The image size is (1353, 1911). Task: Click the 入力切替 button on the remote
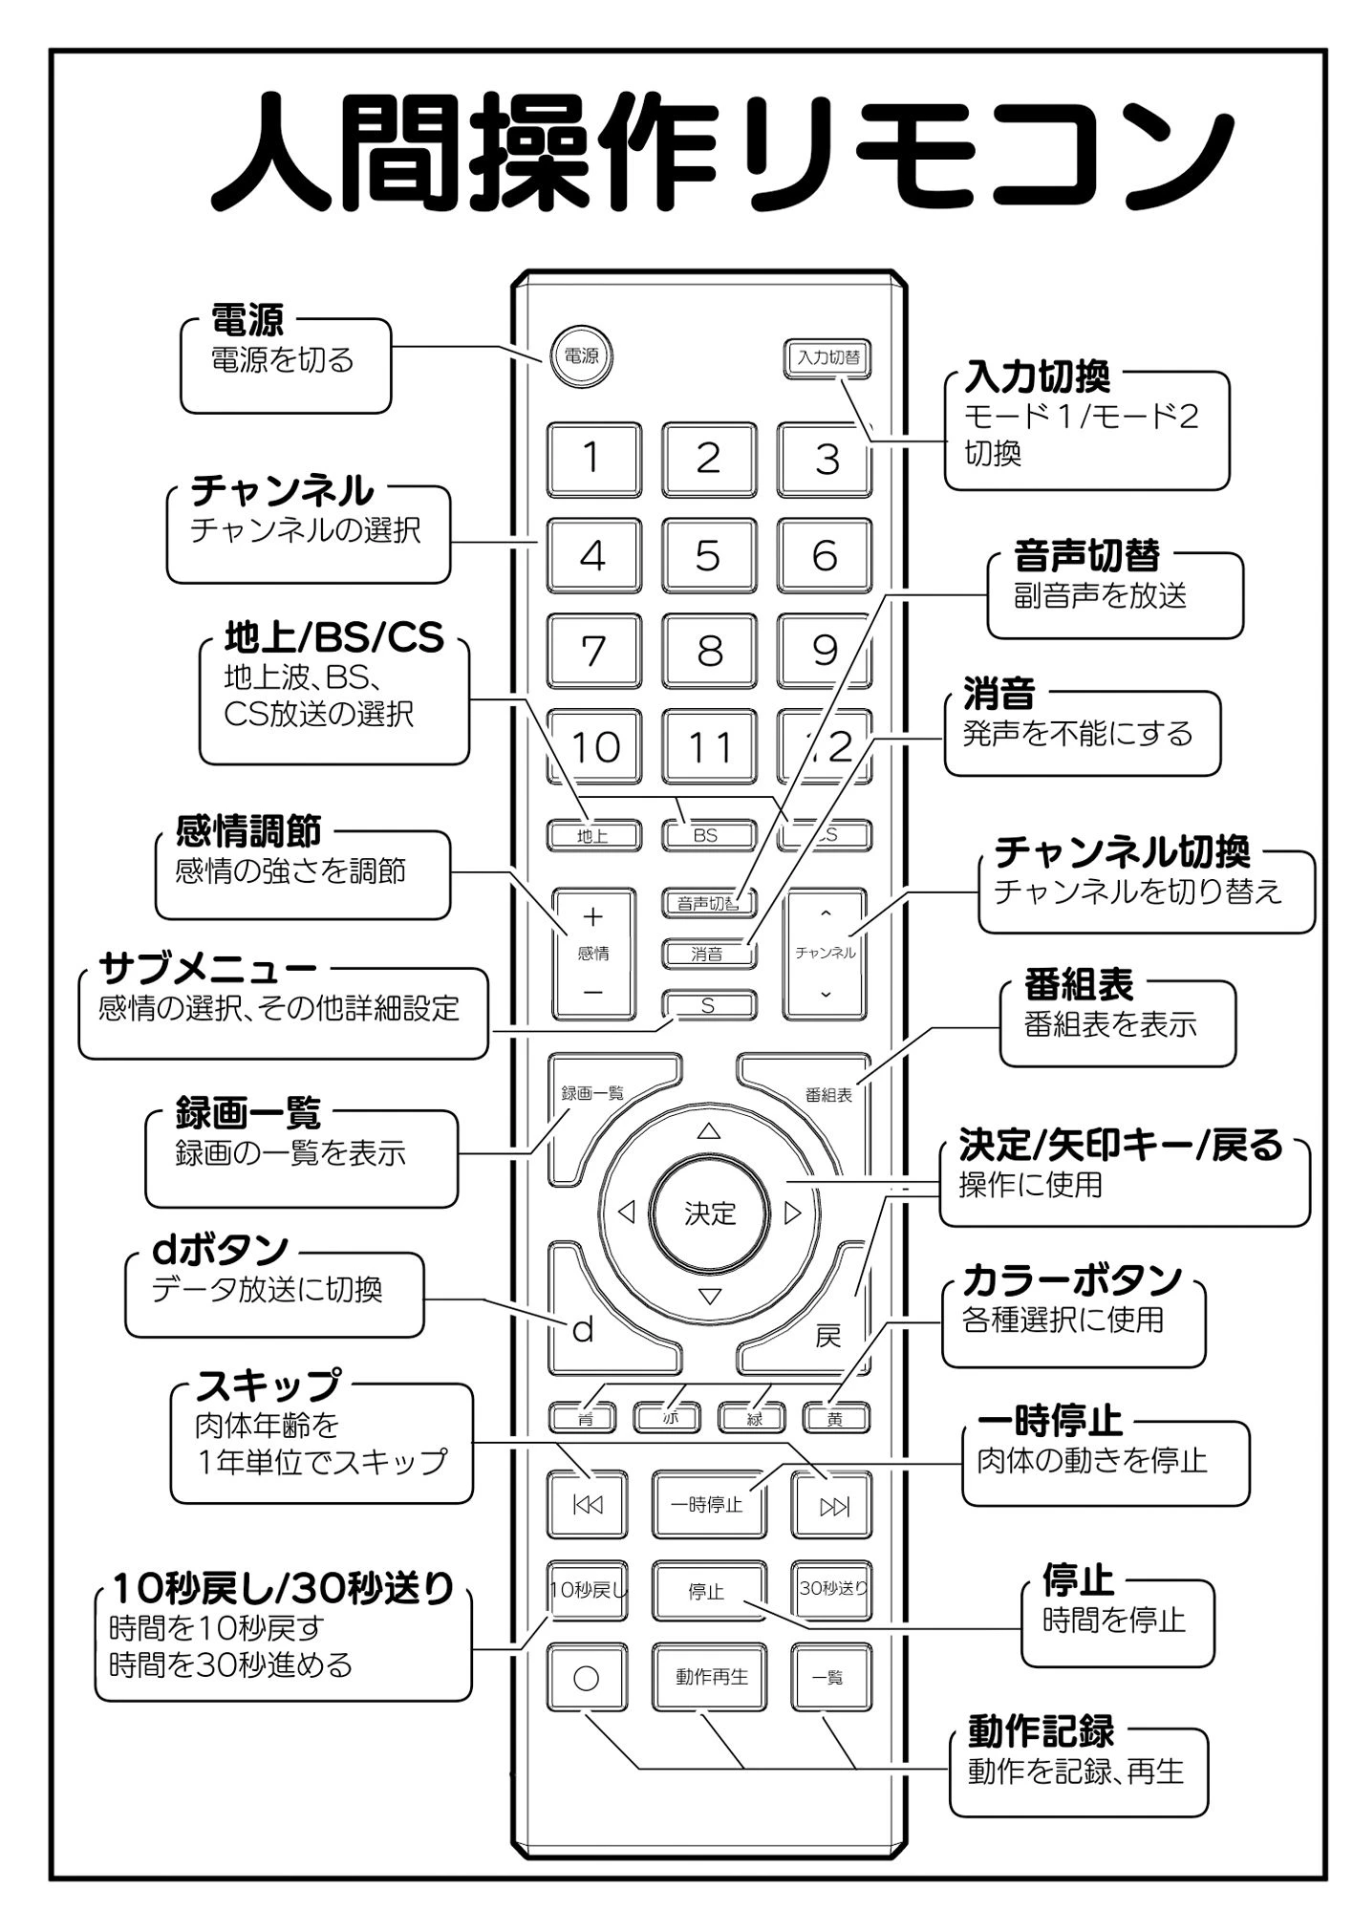(x=827, y=357)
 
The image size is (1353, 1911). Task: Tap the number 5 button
(x=708, y=555)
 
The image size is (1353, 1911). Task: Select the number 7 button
(x=593, y=651)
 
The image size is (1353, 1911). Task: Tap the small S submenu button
(x=708, y=1005)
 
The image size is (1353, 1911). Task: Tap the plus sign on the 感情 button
(x=593, y=917)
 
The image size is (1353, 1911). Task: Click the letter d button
(x=583, y=1329)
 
